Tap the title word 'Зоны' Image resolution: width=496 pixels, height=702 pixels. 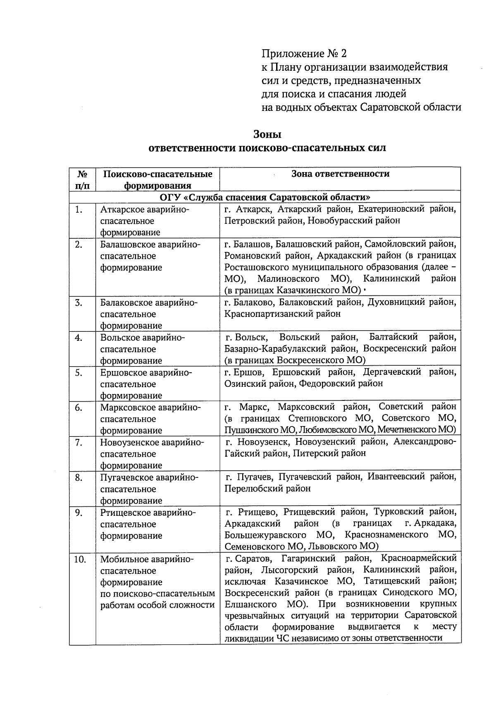267,134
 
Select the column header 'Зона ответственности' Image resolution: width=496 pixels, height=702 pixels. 340,174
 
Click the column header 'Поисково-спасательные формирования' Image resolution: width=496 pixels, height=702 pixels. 157,180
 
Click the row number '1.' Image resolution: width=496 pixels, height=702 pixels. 79,210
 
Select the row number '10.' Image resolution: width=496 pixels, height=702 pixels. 80,560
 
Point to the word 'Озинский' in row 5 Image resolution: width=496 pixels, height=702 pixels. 243,383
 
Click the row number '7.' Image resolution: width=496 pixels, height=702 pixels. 79,443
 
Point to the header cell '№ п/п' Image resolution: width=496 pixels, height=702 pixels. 82,180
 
